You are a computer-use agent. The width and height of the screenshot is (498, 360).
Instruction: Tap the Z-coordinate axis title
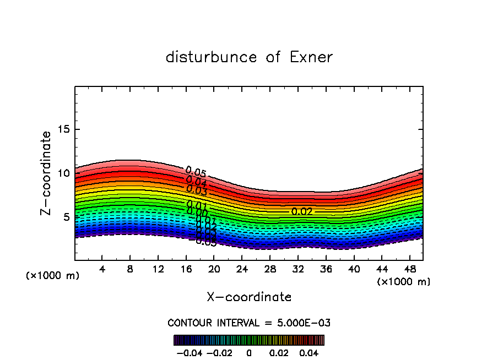click(x=47, y=173)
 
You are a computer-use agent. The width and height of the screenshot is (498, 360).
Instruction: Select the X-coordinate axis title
click(x=249, y=297)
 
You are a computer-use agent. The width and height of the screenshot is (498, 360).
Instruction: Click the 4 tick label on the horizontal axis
click(x=102, y=269)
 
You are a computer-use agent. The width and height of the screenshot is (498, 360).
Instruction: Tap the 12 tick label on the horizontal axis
click(x=158, y=269)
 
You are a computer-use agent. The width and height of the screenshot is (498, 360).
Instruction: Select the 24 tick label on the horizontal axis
click(x=242, y=269)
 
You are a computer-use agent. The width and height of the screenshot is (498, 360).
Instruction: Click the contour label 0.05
click(x=196, y=172)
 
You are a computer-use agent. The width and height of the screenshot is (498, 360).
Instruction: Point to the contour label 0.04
click(x=196, y=182)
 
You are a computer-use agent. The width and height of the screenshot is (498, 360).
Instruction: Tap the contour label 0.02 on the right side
click(x=302, y=211)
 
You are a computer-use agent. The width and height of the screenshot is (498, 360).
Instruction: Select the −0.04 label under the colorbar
click(x=190, y=352)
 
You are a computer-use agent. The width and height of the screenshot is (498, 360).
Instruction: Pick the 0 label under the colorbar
click(x=249, y=352)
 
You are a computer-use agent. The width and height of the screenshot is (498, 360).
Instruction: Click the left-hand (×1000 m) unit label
click(x=53, y=276)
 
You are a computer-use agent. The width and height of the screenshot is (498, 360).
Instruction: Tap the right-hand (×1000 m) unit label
click(x=404, y=282)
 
